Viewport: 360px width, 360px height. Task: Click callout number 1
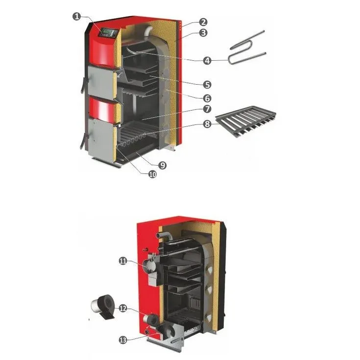(76, 16)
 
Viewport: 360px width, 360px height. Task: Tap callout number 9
(162, 166)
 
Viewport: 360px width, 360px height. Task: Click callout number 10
(152, 174)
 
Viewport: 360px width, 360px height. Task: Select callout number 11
(123, 261)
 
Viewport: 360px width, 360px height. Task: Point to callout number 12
(123, 309)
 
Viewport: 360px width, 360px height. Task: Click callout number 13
(123, 339)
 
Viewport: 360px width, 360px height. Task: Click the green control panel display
(108, 33)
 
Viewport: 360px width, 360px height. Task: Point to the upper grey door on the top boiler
(100, 81)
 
